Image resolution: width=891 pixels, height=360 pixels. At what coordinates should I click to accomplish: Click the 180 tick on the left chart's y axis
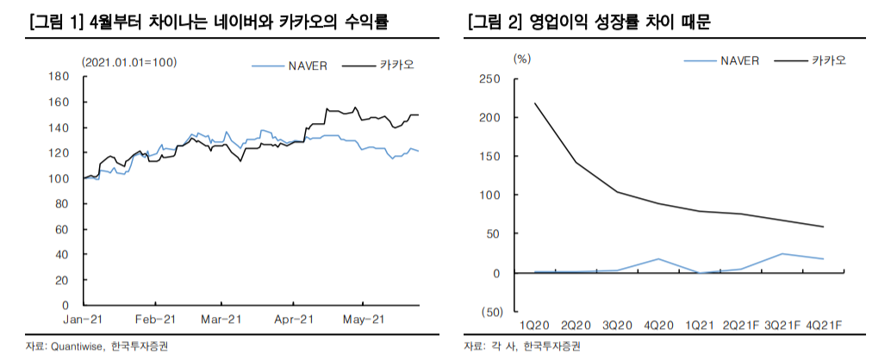(x=59, y=77)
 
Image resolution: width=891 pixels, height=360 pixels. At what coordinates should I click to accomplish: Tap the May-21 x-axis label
(x=363, y=319)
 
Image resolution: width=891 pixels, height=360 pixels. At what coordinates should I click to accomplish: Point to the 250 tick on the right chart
(x=489, y=78)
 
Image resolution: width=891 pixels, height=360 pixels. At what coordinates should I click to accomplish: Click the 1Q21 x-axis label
(x=700, y=325)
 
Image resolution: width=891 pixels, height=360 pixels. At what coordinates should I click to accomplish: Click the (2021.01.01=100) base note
(x=129, y=61)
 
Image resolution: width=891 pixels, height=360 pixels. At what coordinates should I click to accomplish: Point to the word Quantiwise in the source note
(x=77, y=346)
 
